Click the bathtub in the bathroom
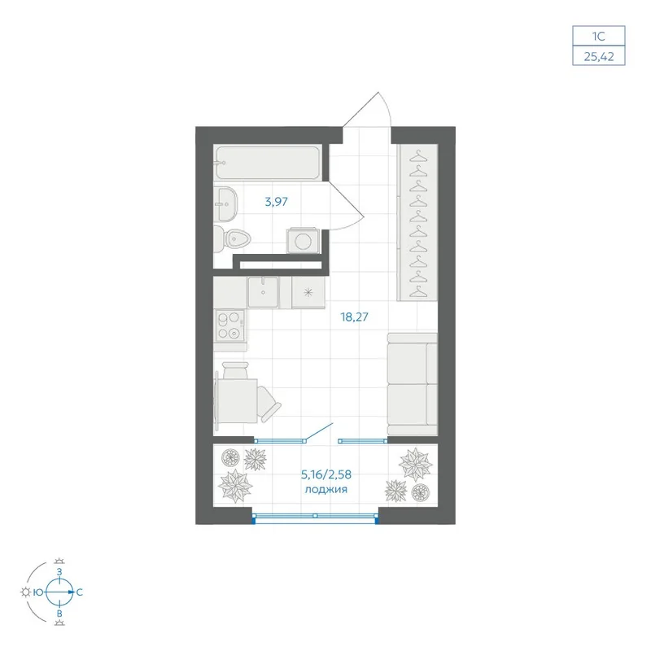pyautogui.click(x=268, y=162)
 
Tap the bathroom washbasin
pyautogui.click(x=225, y=203)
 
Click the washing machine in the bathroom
pyautogui.click(x=303, y=241)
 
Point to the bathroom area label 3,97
pyautogui.click(x=276, y=202)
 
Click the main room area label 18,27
pyautogui.click(x=354, y=317)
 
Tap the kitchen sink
pyautogui.click(x=263, y=292)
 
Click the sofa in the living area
pyautogui.click(x=412, y=384)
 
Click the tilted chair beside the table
pyautogui.click(x=269, y=403)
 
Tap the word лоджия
pyautogui.click(x=326, y=490)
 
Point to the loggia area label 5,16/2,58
pyautogui.click(x=326, y=474)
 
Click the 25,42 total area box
pyautogui.click(x=599, y=55)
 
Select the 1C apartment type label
pyautogui.click(x=598, y=36)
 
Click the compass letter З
pyautogui.click(x=59, y=572)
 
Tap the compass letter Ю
pyautogui.click(x=38, y=592)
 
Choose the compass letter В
pyautogui.click(x=59, y=614)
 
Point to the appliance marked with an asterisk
pyautogui.click(x=308, y=293)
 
